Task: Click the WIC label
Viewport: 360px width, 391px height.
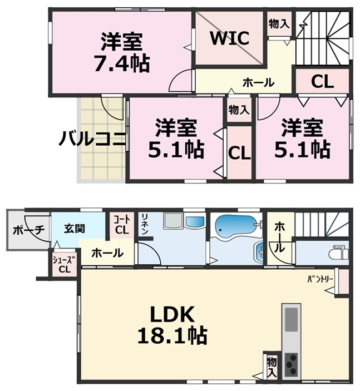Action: (229, 39)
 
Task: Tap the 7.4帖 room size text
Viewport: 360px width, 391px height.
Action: (121, 64)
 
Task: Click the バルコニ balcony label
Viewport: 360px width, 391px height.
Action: (92, 137)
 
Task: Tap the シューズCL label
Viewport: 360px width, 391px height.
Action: (65, 265)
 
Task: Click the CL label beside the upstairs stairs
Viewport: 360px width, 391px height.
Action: (322, 82)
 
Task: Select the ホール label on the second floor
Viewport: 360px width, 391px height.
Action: (258, 83)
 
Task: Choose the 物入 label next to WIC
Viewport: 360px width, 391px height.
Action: (279, 24)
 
